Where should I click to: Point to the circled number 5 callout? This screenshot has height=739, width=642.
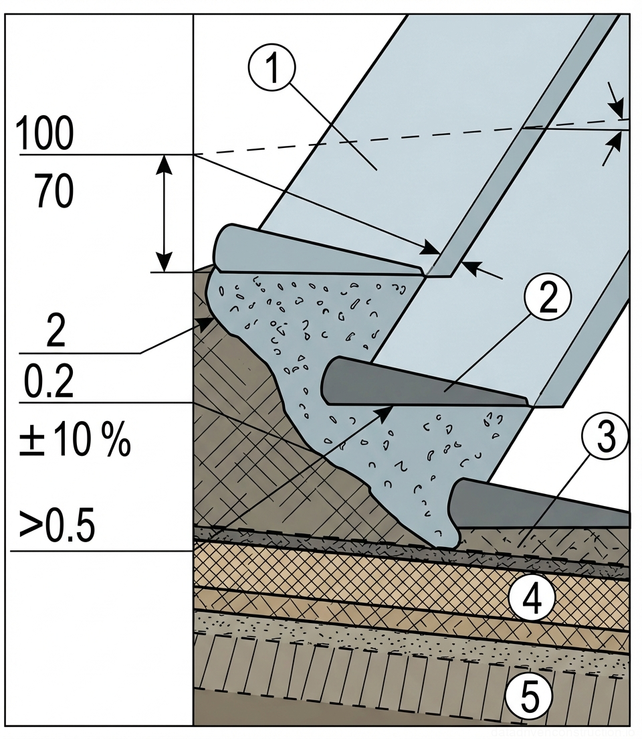[529, 698]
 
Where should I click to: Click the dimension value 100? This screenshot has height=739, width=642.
[44, 134]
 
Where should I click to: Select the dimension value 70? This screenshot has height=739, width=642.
[53, 191]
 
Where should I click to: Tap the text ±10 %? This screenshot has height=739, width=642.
[74, 442]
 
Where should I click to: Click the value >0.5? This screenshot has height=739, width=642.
[57, 527]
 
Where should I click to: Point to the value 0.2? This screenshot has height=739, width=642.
[49, 384]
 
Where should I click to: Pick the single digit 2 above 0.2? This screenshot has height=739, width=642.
[56, 331]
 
